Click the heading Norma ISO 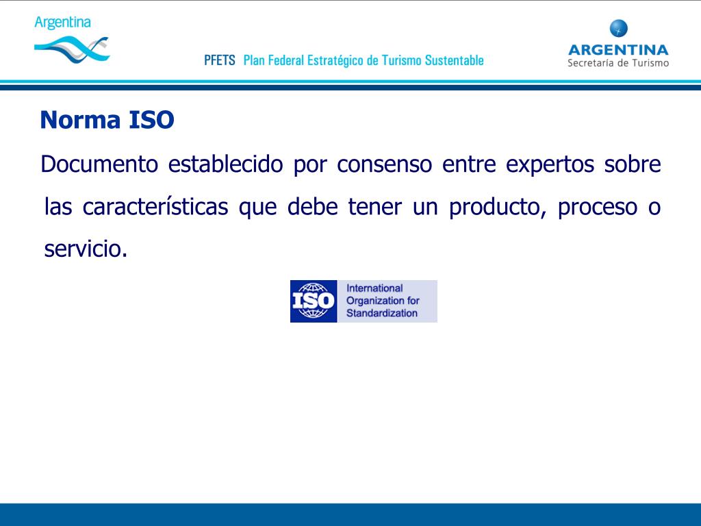[107, 121]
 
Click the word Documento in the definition [99, 165]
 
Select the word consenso [384, 165]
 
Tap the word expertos [550, 165]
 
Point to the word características [155, 207]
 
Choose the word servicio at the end [85, 249]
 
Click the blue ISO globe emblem [314, 301]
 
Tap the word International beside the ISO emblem [374, 288]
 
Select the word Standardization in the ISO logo [381, 314]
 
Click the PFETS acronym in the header [219, 60]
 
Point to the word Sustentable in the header [454, 60]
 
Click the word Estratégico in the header [336, 60]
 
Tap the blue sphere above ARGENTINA [618, 29]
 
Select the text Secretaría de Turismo [618, 63]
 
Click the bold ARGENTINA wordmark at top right [618, 49]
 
